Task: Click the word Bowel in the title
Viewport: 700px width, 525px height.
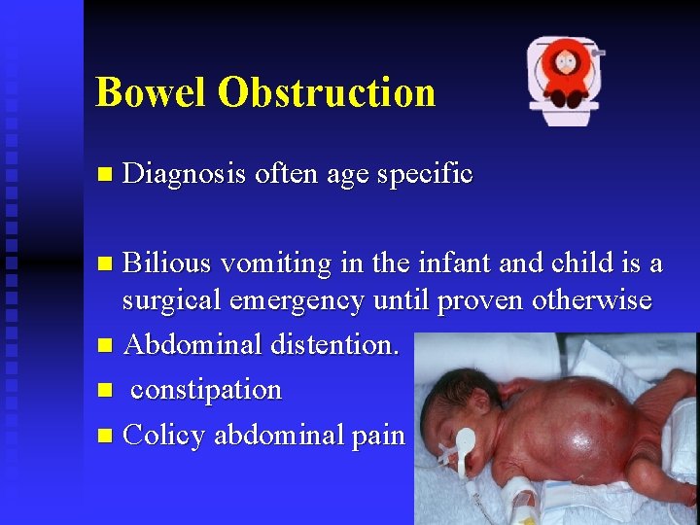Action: pos(151,92)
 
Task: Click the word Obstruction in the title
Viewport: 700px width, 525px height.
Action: pos(326,92)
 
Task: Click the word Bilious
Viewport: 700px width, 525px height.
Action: pos(167,263)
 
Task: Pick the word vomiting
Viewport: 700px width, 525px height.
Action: pos(269,263)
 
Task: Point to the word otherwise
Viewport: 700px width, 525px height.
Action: pos(591,300)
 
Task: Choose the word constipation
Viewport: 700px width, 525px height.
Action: pos(206,390)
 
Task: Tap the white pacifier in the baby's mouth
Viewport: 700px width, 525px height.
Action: pos(464,444)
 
